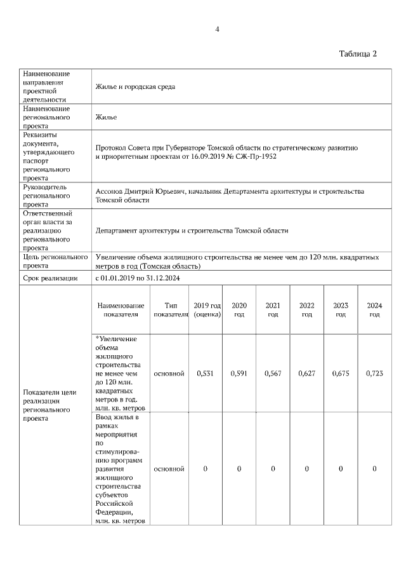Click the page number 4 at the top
tap(217, 29)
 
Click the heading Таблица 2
tap(358, 53)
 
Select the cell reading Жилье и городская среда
tap(135, 86)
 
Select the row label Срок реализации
tap(50, 278)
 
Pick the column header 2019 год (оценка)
tap(207, 309)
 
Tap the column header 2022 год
tap(307, 309)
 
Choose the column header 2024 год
tap(374, 309)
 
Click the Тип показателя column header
tap(171, 309)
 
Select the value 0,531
tap(206, 374)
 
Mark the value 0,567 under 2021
tap(273, 374)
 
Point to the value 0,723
tap(374, 374)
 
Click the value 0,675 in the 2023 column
tap(341, 374)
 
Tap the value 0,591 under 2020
tap(239, 374)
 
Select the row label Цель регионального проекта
tap(55, 262)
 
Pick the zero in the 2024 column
tap(374, 469)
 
